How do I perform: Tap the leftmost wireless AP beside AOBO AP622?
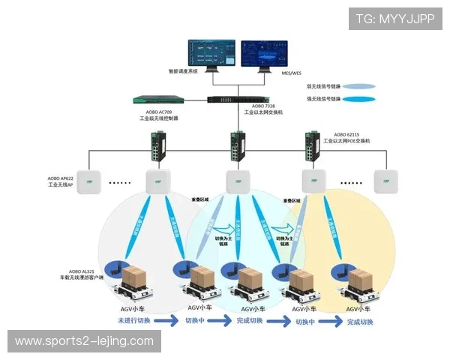click(x=89, y=181)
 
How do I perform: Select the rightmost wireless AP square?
click(x=386, y=181)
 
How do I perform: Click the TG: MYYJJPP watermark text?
click(x=394, y=19)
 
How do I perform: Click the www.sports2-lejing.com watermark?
click(x=84, y=341)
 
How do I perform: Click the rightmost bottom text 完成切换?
click(x=355, y=322)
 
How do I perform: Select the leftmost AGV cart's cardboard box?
click(x=137, y=275)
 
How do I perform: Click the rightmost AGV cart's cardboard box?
click(x=359, y=280)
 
